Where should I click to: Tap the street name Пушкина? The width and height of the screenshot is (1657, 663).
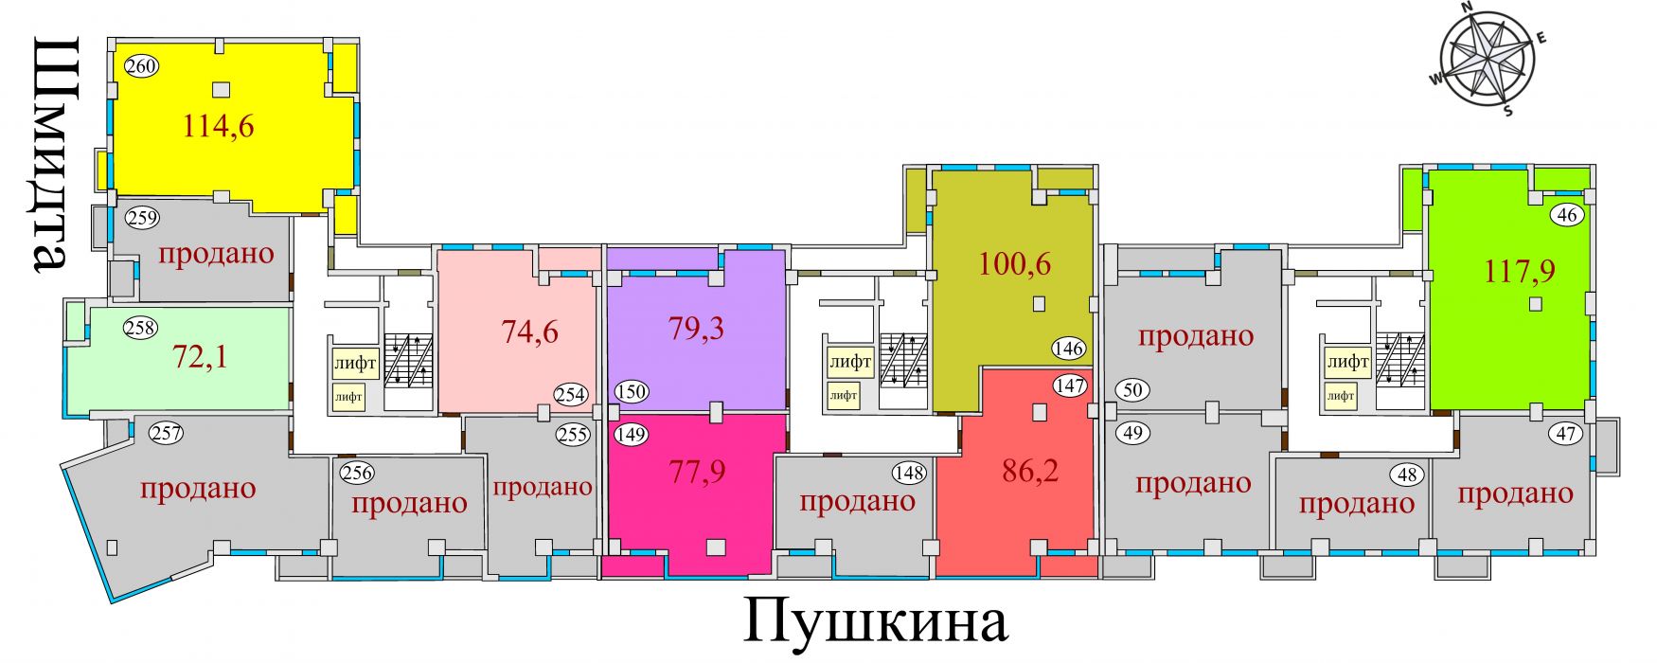pos(875,622)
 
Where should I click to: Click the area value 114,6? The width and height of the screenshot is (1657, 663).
pos(218,126)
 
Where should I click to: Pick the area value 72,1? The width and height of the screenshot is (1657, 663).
pos(200,357)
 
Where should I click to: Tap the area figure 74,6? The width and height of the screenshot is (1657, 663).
pos(529,331)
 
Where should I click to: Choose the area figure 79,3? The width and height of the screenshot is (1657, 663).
pos(696,329)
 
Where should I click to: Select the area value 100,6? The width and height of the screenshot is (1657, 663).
pos(1014,263)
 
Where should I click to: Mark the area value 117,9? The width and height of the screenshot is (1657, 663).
pos(1520,272)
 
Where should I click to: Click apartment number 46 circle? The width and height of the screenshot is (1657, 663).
pos(1567,215)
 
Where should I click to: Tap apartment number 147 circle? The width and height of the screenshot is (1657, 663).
pos(1069,385)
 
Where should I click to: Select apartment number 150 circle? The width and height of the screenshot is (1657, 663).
pos(631,391)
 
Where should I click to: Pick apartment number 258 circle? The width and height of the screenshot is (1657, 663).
pos(140,329)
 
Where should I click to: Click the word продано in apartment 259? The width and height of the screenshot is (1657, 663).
pos(216,254)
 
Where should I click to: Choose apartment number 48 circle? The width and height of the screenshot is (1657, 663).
pos(1407,474)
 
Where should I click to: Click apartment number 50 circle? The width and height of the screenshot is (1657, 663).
pos(1132,389)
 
